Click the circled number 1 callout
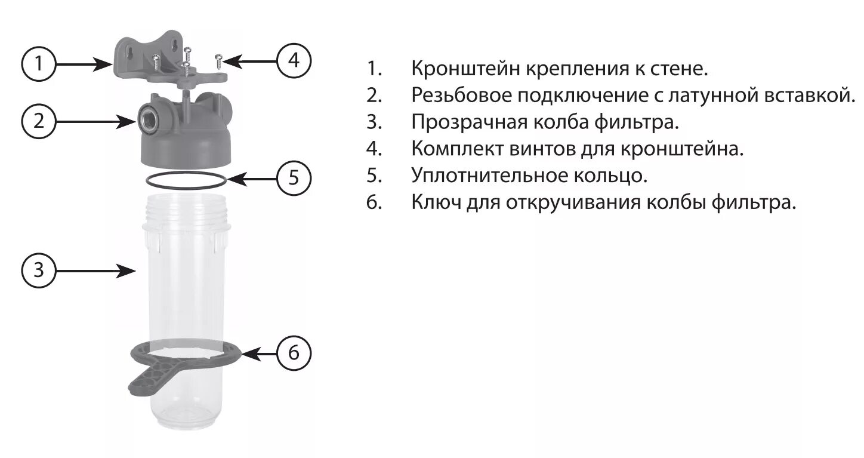[x=39, y=63]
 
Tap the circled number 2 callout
[x=39, y=121]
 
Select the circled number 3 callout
[x=39, y=271]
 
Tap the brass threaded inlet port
[x=147, y=118]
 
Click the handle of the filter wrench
[x=143, y=380]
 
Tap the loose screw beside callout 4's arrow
[x=219, y=59]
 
